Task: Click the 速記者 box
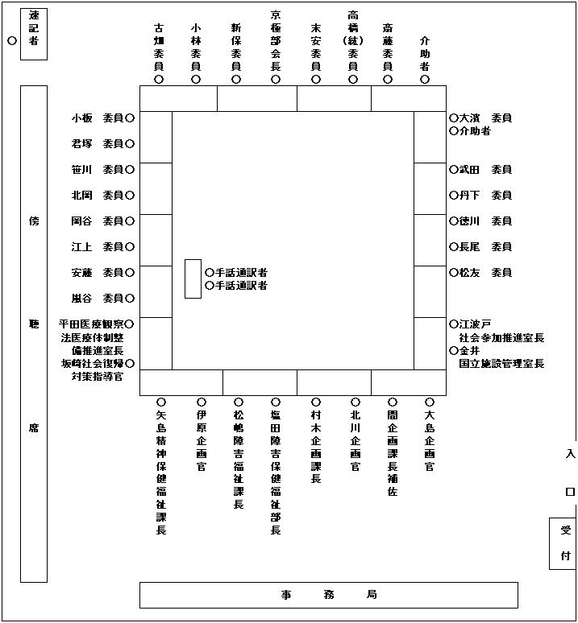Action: click(33, 35)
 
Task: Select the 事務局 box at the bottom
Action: click(328, 595)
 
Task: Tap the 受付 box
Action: click(563, 543)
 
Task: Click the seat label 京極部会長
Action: click(276, 42)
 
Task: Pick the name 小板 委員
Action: click(98, 118)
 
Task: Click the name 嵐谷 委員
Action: click(98, 299)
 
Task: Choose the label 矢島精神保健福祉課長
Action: click(161, 472)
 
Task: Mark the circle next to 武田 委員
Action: click(454, 170)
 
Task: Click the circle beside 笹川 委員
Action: click(130, 170)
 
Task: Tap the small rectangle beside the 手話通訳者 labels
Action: click(193, 278)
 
